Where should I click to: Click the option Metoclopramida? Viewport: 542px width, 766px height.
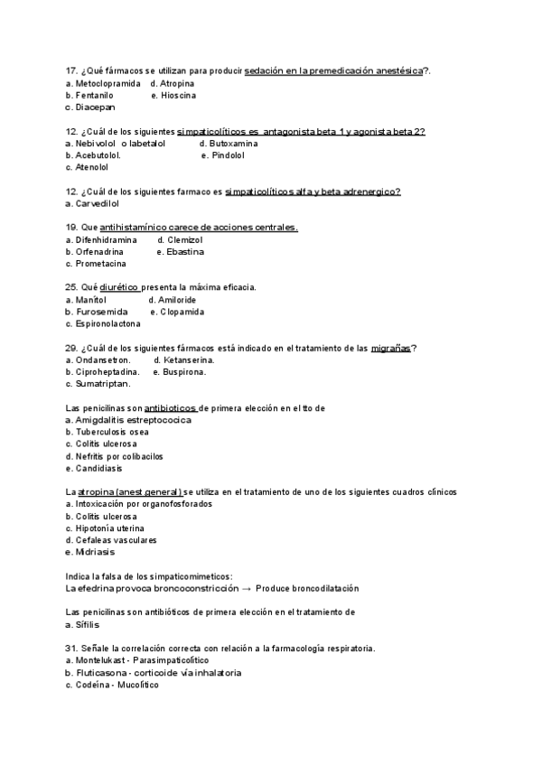107,83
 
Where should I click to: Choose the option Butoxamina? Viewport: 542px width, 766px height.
232,144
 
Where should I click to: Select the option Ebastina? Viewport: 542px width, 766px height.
185,252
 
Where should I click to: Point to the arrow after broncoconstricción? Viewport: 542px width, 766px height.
248,587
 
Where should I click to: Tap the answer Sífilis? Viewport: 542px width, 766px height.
87,624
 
